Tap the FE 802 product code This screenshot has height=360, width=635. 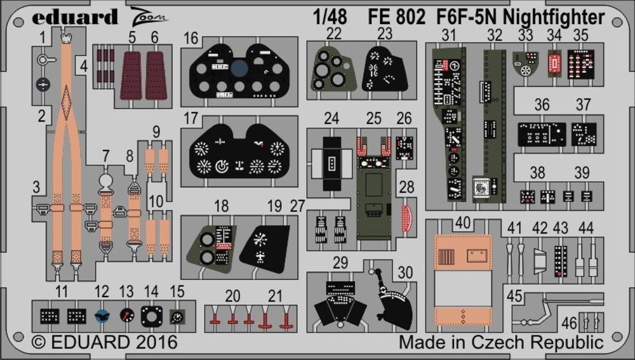[396, 18]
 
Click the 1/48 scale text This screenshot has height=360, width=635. [330, 18]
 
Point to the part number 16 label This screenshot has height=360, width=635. [191, 39]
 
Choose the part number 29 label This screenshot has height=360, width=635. [340, 262]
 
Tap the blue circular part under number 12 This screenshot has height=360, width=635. [102, 314]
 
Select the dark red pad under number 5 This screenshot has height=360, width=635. [131, 75]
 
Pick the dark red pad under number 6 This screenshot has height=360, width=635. [156, 75]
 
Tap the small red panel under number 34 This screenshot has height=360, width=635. [554, 62]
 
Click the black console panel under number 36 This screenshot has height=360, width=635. [541, 133]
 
